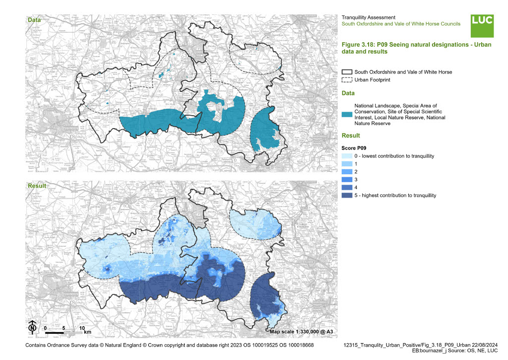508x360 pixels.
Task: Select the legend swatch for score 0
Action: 347,156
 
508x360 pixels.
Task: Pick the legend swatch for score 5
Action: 347,195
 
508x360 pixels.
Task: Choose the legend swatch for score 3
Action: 347,179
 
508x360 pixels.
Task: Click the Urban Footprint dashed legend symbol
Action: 347,80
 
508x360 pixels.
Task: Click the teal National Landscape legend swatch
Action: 347,115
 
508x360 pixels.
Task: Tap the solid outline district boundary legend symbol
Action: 347,72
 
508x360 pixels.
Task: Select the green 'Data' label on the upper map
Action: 34,20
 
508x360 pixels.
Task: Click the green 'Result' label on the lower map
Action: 36,186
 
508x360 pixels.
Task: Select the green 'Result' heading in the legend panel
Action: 351,136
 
